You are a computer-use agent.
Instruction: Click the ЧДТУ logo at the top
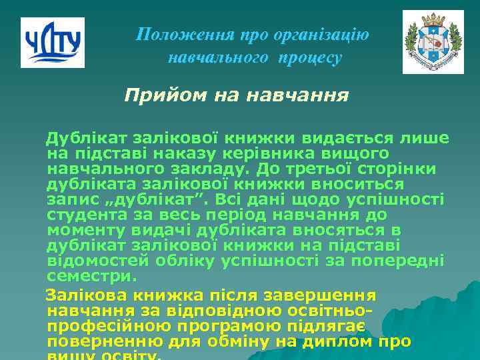point(53,43)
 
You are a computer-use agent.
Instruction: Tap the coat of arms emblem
point(433,42)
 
